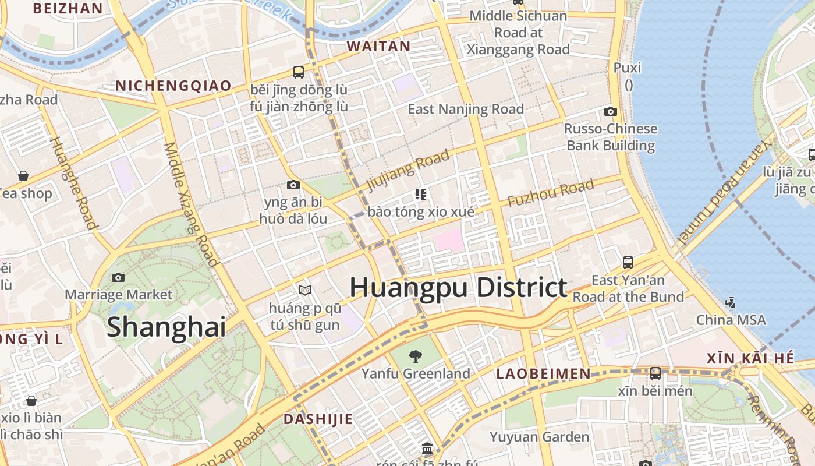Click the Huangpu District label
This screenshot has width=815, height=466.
[x=458, y=288]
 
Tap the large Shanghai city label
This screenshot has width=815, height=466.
[x=166, y=326]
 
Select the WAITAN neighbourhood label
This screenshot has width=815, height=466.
[x=378, y=46]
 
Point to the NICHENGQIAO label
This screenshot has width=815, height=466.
[x=173, y=86]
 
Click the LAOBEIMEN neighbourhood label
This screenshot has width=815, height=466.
[x=543, y=374]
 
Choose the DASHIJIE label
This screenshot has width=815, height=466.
[x=318, y=419]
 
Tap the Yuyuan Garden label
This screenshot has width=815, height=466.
[x=539, y=437]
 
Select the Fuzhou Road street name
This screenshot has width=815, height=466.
[x=551, y=193]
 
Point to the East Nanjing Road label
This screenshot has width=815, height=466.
[x=466, y=109]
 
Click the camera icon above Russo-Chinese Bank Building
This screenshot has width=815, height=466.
[x=611, y=111]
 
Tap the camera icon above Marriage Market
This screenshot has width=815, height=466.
[x=118, y=277]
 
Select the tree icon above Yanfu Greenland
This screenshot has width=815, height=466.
[x=416, y=356]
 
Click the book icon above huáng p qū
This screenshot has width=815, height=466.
[x=304, y=290]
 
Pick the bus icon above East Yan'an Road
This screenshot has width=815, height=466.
[x=628, y=263]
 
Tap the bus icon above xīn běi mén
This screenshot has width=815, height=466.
[x=655, y=373]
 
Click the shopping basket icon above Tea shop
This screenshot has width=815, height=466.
[x=23, y=175]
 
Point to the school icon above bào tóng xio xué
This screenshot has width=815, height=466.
[x=421, y=194]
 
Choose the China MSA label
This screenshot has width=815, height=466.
[x=731, y=320]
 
